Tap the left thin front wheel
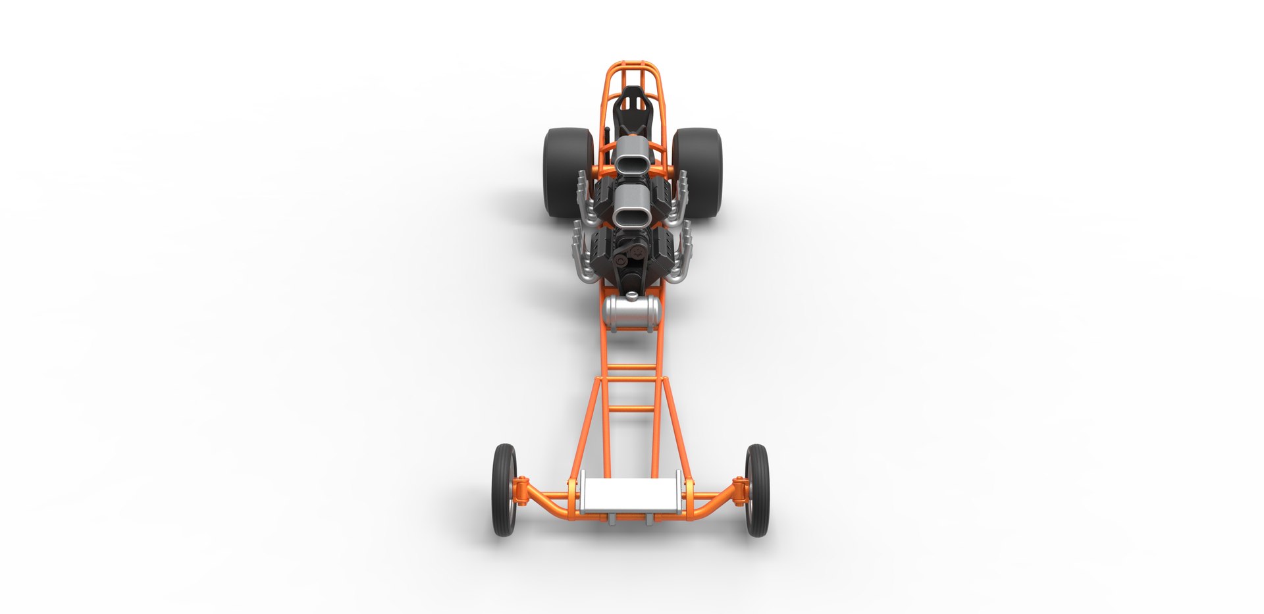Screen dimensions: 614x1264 [504, 490]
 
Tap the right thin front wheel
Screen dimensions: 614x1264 [757, 490]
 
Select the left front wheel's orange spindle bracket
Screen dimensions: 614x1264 [521, 491]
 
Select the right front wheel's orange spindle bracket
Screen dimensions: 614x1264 [740, 490]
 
